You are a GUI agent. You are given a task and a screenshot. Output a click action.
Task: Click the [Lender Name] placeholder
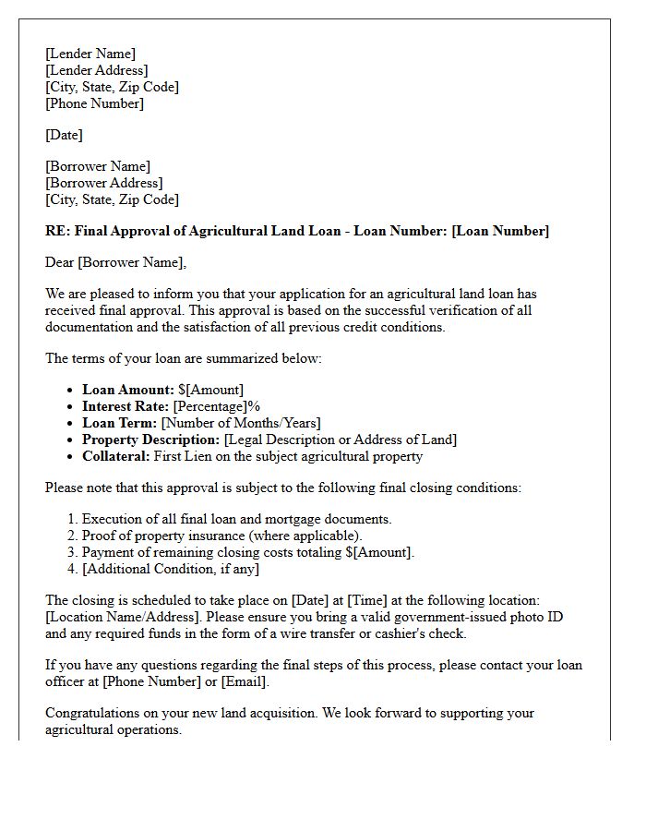click(x=90, y=54)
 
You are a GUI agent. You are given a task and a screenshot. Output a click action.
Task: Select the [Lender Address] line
click(x=97, y=70)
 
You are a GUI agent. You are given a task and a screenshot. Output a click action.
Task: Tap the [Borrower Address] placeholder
click(x=103, y=183)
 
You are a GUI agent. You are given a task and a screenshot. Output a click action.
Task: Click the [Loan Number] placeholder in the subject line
click(x=500, y=231)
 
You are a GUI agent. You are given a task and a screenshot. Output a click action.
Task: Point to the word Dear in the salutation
click(x=60, y=262)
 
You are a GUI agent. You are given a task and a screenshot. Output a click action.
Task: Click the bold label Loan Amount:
click(x=128, y=390)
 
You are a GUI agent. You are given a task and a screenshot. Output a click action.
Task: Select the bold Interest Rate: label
click(x=125, y=406)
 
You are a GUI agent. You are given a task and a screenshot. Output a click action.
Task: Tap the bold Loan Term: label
click(x=120, y=423)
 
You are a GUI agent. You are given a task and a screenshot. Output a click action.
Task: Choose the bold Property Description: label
click(x=151, y=440)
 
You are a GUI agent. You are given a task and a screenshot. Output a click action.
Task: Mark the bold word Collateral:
click(x=116, y=456)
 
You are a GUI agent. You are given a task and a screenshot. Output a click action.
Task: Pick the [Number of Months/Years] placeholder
click(x=241, y=423)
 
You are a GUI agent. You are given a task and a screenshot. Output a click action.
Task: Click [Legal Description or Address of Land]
click(x=341, y=440)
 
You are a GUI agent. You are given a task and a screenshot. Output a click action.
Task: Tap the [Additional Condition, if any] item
click(x=171, y=569)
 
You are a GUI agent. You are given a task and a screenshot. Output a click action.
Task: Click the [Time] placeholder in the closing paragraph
click(x=366, y=600)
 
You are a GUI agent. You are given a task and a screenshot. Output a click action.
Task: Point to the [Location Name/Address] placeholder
click(x=124, y=617)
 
